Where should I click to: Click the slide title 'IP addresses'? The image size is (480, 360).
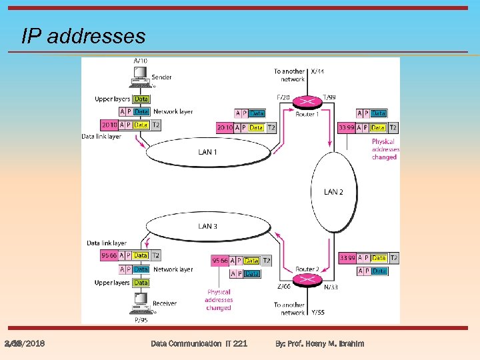point(83,35)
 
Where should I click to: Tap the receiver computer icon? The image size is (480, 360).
point(141,306)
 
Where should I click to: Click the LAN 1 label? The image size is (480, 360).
point(207,152)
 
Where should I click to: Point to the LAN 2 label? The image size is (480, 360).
point(333,192)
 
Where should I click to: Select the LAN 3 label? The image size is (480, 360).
point(207,226)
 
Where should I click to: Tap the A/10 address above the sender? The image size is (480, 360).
point(141,61)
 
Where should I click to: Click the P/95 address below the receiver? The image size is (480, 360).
point(141,319)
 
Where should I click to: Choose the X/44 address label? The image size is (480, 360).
point(317,71)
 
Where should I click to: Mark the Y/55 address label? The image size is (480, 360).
point(317,312)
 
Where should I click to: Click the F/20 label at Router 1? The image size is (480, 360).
point(283,97)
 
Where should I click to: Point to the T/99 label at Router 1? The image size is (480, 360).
point(329,97)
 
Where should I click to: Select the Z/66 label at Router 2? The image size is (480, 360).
point(283,286)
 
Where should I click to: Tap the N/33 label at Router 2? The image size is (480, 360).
point(329,286)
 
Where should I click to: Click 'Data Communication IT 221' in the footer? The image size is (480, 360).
point(199,343)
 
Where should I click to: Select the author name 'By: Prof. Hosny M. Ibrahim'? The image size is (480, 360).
point(320,343)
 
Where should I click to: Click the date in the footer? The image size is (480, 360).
point(24,343)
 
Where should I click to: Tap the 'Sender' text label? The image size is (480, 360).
point(162,77)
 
